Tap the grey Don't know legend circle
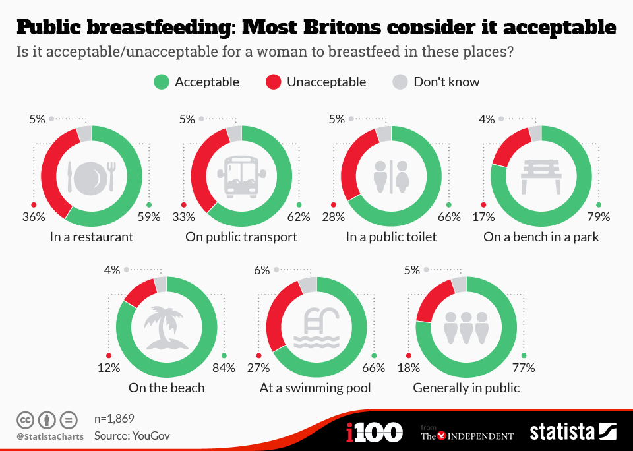point(400,82)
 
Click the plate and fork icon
point(92,176)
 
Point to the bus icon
point(242,176)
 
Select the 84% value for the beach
point(224,368)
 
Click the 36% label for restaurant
point(34,217)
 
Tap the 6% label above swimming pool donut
point(262,270)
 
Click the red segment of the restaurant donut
point(53,171)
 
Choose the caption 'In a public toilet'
point(391,237)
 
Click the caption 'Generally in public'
point(466,388)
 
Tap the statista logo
point(572,432)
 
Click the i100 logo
point(374,433)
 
